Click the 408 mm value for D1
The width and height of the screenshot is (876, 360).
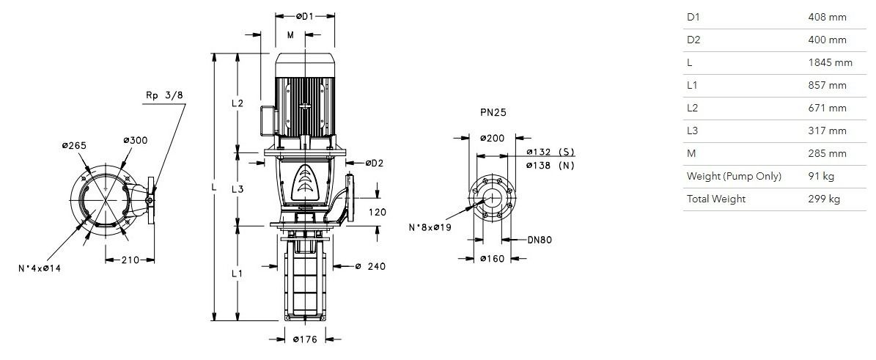827,17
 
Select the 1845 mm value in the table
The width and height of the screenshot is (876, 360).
831,62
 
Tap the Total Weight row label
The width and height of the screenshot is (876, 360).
715,199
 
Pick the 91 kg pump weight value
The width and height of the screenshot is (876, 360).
821,176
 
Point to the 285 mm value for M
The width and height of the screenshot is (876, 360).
827,153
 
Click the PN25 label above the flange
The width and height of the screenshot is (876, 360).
493,112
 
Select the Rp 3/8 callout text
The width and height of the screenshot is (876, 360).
164,95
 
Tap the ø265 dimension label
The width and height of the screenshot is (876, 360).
74,145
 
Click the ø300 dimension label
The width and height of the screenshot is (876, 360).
135,140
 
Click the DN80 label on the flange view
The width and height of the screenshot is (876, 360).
540,240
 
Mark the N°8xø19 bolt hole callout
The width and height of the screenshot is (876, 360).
430,227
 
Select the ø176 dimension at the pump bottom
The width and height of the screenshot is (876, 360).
305,339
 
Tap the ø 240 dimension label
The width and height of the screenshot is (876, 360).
370,267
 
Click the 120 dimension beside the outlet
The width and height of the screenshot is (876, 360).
378,213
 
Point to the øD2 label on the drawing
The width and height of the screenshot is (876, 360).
375,164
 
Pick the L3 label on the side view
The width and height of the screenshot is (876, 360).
238,189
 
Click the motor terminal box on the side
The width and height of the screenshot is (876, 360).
268,119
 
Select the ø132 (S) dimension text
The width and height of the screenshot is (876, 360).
551,152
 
